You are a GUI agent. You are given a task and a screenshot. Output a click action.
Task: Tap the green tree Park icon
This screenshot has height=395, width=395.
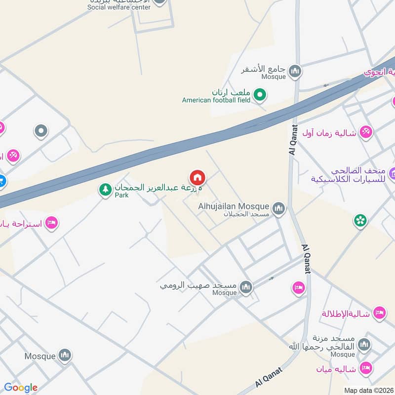[105, 189]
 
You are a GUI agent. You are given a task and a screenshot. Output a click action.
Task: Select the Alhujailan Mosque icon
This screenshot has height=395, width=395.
[279, 209]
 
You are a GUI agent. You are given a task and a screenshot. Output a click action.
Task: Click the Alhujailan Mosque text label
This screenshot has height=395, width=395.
[234, 206]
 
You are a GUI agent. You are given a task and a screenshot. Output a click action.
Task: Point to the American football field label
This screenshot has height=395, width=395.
[216, 100]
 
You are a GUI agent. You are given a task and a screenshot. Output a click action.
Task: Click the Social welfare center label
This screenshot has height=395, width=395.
[118, 7]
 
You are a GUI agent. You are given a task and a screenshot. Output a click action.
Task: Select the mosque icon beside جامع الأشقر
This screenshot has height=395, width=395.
[295, 72]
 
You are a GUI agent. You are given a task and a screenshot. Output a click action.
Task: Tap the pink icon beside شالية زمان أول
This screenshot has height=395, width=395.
[366, 132]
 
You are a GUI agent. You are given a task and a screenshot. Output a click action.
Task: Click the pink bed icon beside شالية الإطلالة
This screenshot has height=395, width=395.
[379, 313]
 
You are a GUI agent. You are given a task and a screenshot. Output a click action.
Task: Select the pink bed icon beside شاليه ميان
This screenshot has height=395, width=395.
[366, 368]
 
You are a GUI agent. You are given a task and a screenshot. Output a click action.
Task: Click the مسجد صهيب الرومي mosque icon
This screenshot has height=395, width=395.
[245, 287]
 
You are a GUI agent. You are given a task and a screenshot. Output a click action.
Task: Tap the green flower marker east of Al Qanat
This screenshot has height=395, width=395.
[360, 220]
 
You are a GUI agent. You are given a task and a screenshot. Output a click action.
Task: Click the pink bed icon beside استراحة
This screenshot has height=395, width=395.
[51, 223]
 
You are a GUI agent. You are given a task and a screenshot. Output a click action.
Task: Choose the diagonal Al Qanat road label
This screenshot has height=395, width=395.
[269, 377]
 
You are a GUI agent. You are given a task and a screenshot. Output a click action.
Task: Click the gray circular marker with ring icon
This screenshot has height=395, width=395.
[41, 131]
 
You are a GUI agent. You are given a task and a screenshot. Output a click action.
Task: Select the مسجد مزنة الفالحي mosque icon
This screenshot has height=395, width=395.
[364, 344]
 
